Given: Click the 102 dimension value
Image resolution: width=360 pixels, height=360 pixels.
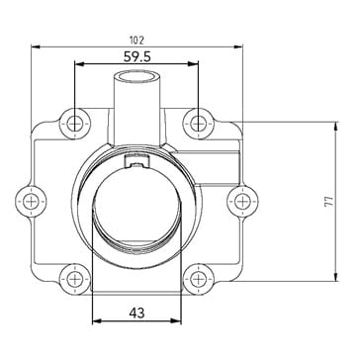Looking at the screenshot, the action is pos(136,41).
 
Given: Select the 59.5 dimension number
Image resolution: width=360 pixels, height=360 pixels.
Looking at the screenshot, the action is pos(137,56).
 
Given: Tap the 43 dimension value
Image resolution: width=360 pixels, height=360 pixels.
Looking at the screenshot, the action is pos(136,313).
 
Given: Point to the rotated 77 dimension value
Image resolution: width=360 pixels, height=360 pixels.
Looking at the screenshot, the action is pos(328,202).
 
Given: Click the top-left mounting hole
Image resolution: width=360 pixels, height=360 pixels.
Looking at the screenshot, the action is pos(75,124).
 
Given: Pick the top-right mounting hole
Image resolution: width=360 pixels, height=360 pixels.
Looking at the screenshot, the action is pos(199,124).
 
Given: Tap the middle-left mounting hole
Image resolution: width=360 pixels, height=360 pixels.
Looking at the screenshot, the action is pos(32,202).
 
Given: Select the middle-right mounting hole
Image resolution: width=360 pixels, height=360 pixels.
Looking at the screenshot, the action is pos(242,202).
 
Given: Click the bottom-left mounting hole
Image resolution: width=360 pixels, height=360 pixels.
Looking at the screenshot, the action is pos(75,280).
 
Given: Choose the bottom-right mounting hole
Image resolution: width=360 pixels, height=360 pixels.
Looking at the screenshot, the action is pos(199,280).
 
